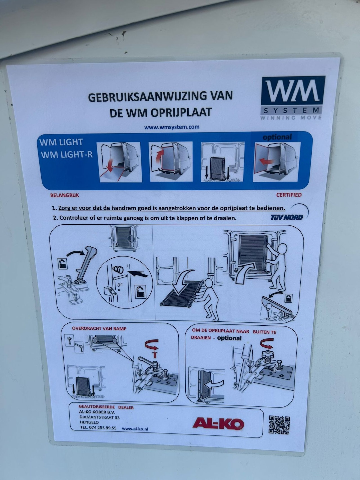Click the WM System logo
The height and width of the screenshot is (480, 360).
(x=292, y=98)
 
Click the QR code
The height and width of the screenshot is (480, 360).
(x=279, y=425)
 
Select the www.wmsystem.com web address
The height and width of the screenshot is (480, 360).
(x=172, y=127)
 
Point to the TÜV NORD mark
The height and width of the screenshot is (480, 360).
(x=287, y=217)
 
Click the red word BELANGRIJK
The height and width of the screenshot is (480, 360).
(x=64, y=195)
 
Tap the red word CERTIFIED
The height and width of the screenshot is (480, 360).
(x=289, y=195)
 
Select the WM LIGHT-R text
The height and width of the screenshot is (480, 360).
(x=67, y=154)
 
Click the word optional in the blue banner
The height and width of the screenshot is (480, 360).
(x=277, y=137)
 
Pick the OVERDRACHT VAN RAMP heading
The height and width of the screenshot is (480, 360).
(x=99, y=328)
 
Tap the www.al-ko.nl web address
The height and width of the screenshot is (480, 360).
(x=135, y=429)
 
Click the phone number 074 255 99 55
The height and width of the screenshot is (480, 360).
(x=102, y=427)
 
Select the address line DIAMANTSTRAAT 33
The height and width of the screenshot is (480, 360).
(x=100, y=417)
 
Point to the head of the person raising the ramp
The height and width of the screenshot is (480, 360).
(x=281, y=249)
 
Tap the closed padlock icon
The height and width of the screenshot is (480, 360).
(x=288, y=298)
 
